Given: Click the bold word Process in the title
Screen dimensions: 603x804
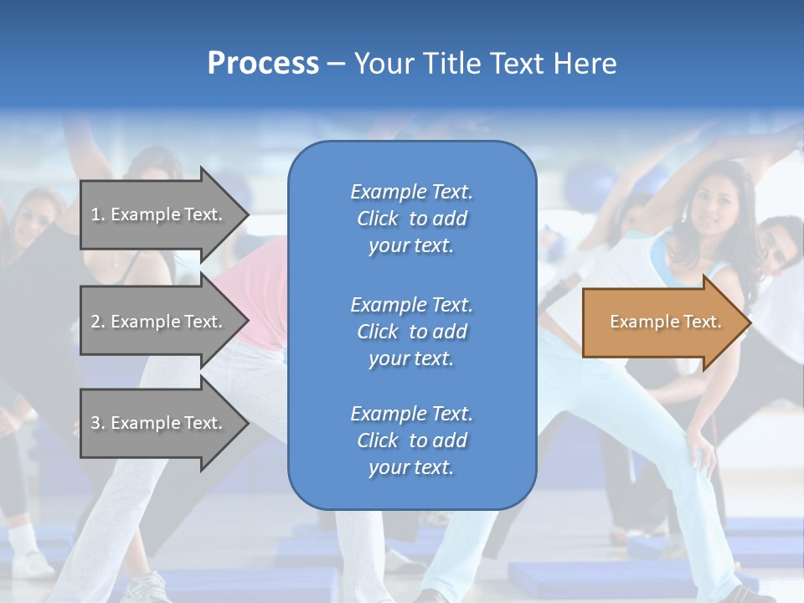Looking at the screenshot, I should (x=263, y=64).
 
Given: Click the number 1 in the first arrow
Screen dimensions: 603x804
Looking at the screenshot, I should (x=95, y=214).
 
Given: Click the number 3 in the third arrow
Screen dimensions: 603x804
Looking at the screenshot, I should (x=95, y=423).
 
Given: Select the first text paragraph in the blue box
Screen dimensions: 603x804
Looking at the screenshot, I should (x=411, y=219).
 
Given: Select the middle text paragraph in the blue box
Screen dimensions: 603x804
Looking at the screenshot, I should (x=411, y=332).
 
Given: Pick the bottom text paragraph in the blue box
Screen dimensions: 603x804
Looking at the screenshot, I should (x=411, y=441).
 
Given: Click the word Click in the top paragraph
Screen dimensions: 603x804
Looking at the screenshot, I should (x=378, y=219).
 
